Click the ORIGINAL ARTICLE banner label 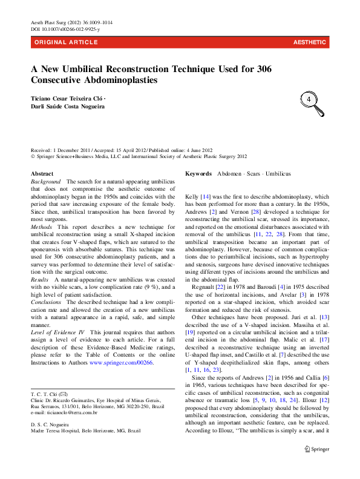pos(66,42)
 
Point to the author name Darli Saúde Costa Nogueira pos(67,107)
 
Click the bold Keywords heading pos(198,173)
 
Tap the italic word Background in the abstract pos(46,181)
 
